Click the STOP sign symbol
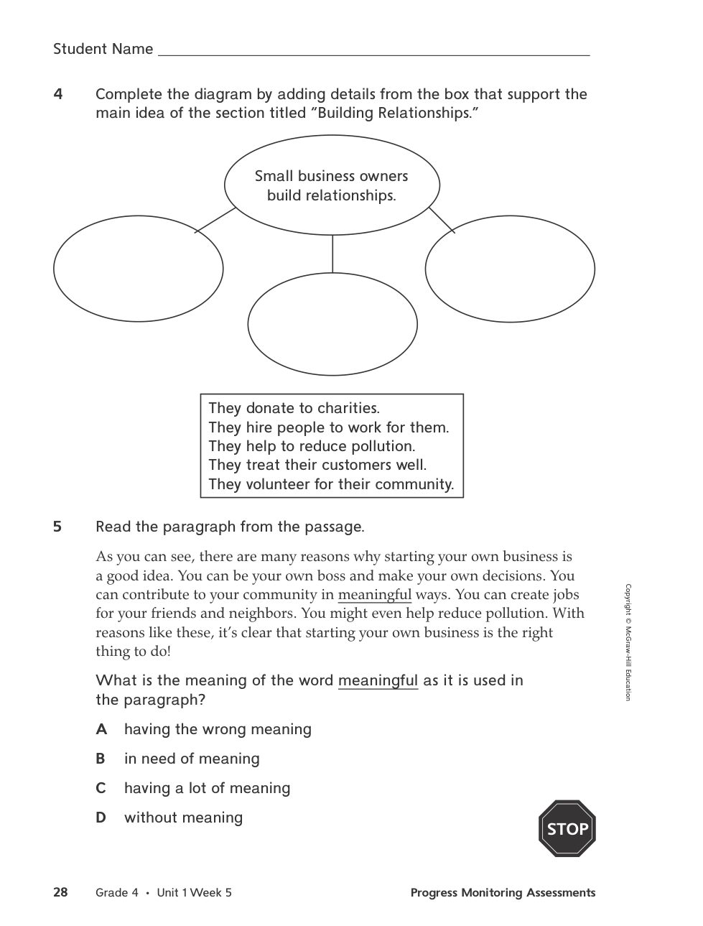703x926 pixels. [x=567, y=828]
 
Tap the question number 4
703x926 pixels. [x=58, y=94]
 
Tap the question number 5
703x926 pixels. [x=57, y=527]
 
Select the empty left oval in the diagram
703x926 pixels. [x=138, y=269]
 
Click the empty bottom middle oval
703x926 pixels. [x=332, y=324]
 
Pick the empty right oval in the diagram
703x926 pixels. [x=510, y=269]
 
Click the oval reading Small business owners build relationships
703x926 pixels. [x=332, y=185]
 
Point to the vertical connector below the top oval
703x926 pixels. [x=332, y=254]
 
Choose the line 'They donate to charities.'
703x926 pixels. [x=294, y=408]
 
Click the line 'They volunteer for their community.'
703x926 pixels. [x=331, y=484]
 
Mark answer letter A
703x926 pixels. [x=101, y=729]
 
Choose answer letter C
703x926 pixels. [x=101, y=788]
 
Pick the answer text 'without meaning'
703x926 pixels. [x=183, y=818]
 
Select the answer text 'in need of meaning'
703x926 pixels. [x=192, y=759]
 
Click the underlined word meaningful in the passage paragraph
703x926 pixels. [x=374, y=595]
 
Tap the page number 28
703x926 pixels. [x=60, y=892]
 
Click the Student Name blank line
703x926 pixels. [x=373, y=50]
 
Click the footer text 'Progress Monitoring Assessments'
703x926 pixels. [x=503, y=892]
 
